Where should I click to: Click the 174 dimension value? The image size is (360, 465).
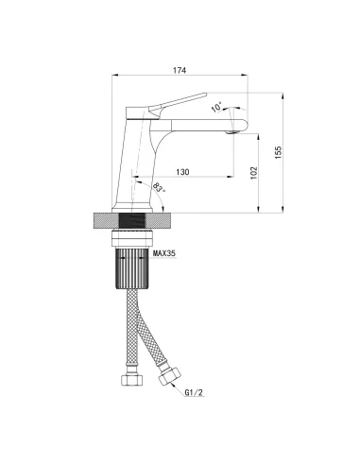[x=180, y=70]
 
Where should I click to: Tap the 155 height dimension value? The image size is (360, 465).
[x=279, y=152]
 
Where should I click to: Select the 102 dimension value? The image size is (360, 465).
[x=254, y=173]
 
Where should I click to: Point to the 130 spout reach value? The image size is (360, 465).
[x=182, y=172]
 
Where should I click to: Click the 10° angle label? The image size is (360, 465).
[x=216, y=107]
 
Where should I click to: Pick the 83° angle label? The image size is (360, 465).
[x=159, y=188]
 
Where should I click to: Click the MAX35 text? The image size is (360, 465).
[x=164, y=253]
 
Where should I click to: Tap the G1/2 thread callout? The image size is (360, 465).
[x=194, y=392]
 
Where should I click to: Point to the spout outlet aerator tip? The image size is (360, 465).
[x=231, y=132]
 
